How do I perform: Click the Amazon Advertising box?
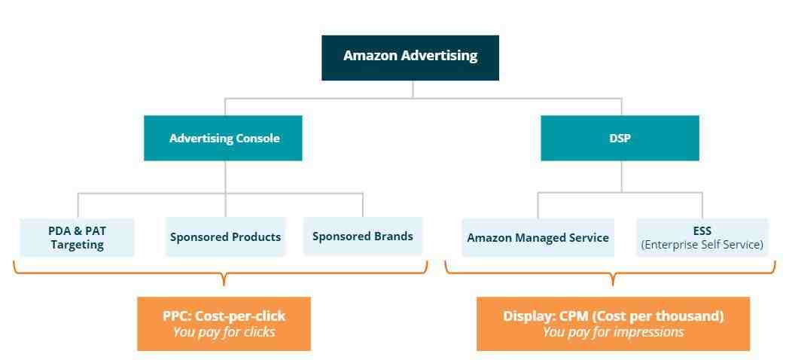(x=410, y=58)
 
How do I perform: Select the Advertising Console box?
(x=223, y=138)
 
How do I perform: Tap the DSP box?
(x=620, y=138)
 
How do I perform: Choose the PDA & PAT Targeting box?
(x=78, y=238)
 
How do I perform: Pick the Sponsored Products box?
(x=225, y=236)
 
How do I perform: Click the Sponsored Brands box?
(x=362, y=236)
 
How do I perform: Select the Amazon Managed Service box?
(x=538, y=238)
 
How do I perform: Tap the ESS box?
(x=702, y=238)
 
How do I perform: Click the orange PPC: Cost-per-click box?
(x=224, y=324)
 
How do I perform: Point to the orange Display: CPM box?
(x=613, y=324)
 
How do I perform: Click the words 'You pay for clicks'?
(x=224, y=332)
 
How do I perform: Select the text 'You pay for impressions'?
(x=613, y=332)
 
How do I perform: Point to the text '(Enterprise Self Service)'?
(x=702, y=245)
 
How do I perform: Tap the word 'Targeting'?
(x=78, y=246)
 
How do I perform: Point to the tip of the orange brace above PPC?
(x=224, y=284)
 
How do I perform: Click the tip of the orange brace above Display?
(x=613, y=284)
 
